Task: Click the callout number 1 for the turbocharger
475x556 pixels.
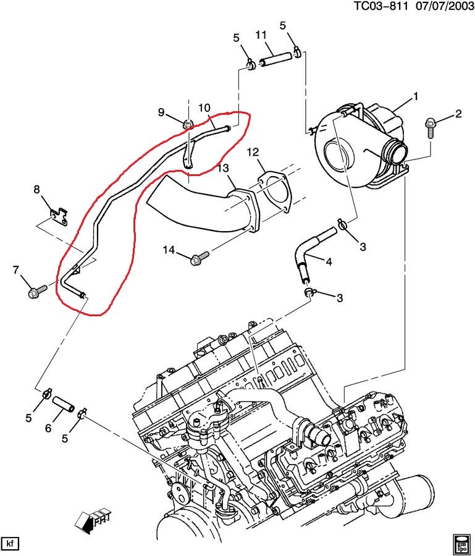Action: [x=416, y=96]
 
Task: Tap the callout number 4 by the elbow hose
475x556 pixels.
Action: [x=329, y=262]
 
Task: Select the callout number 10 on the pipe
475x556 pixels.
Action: [x=204, y=108]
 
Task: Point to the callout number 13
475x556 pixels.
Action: [x=223, y=168]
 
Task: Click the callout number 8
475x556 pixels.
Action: [x=36, y=189]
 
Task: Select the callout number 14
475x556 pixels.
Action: [x=169, y=250]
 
